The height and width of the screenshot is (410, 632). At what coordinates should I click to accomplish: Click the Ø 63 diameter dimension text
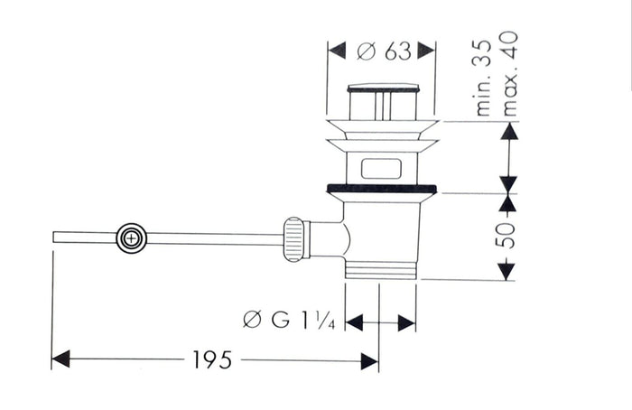click(x=384, y=51)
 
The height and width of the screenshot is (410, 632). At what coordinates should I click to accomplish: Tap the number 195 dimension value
click(x=213, y=359)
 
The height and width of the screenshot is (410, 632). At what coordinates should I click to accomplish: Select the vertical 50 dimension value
click(x=507, y=236)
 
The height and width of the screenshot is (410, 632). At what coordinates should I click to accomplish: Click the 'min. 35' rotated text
click(x=484, y=79)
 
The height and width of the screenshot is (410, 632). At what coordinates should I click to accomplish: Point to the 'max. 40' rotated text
click(x=508, y=74)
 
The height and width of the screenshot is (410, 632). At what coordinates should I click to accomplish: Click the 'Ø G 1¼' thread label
click(x=290, y=320)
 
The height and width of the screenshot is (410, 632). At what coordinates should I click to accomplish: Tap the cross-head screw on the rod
click(x=132, y=238)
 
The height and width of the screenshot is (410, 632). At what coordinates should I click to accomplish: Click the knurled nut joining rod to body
click(x=293, y=239)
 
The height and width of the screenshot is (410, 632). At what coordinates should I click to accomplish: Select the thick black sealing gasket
click(x=381, y=188)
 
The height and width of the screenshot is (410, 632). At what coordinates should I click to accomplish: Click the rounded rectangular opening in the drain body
click(x=381, y=169)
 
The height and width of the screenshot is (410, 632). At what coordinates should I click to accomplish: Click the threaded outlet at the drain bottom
click(x=381, y=270)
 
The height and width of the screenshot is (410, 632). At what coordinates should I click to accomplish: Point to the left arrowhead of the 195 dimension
click(x=60, y=359)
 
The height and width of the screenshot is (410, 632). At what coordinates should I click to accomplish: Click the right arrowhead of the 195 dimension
click(x=369, y=361)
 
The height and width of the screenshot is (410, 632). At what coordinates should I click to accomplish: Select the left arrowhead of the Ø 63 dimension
click(x=337, y=51)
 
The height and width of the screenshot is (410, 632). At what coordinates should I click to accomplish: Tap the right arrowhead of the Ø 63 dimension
click(x=426, y=51)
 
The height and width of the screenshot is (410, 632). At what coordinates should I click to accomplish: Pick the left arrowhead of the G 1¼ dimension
click(x=354, y=323)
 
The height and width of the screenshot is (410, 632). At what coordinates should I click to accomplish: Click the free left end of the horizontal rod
click(x=53, y=237)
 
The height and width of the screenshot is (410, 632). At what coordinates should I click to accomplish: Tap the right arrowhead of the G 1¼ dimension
click(x=406, y=323)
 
